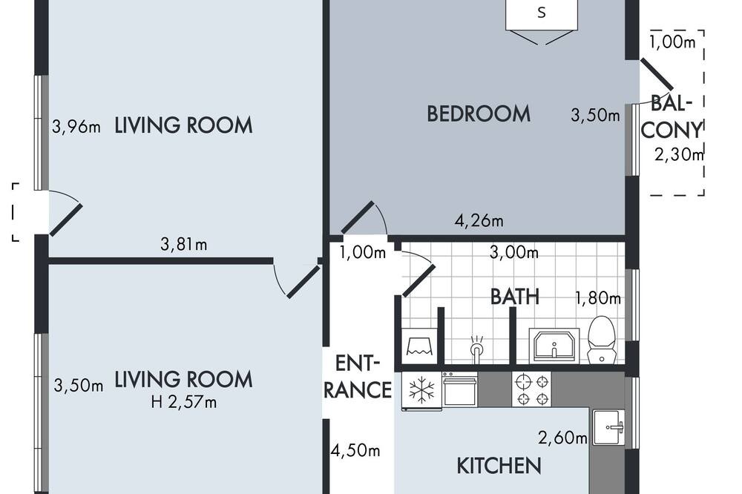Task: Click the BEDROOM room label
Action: [x=479, y=114]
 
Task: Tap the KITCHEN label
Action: [x=499, y=466]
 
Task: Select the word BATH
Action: [x=515, y=297]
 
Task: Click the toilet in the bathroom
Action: [x=601, y=339]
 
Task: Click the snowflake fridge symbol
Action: [x=421, y=391]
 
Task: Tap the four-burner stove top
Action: [x=532, y=389]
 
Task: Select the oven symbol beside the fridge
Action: [x=460, y=389]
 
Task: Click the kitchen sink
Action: [x=609, y=428]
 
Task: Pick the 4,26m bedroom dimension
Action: [x=479, y=220]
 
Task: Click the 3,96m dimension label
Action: [x=76, y=127]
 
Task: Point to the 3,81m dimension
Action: [x=183, y=244]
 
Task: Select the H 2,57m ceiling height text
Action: [x=183, y=402]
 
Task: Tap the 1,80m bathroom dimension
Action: [x=597, y=298]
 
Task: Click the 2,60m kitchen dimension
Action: [x=562, y=438]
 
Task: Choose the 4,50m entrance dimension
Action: [x=355, y=450]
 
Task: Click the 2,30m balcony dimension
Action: [x=679, y=154]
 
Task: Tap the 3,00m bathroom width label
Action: [x=514, y=253]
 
